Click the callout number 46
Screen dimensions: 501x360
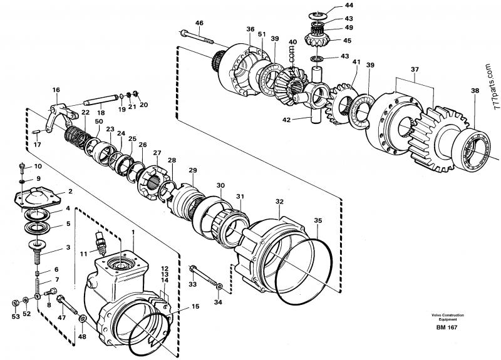(199, 23)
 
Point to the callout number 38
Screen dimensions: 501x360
(475, 90)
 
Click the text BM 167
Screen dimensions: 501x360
(447, 327)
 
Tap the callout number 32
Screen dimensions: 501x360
(279, 202)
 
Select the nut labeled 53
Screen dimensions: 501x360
(14, 302)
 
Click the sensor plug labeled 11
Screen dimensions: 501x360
(100, 242)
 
